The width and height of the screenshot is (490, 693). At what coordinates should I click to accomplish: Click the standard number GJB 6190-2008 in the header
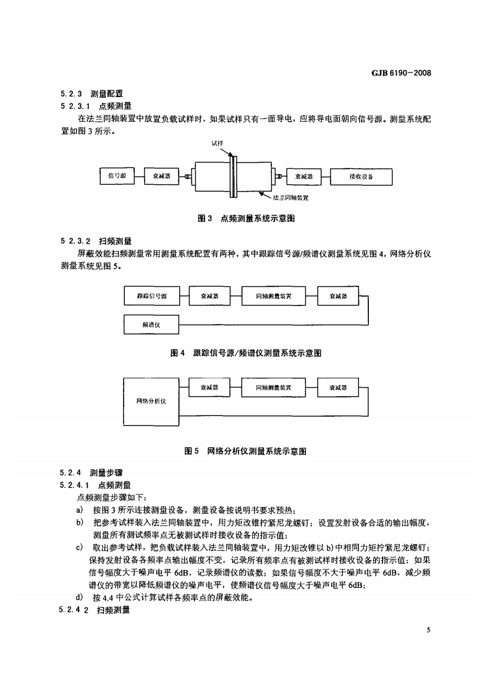click(400, 72)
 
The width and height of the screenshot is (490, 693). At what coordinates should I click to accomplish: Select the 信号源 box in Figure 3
click(117, 176)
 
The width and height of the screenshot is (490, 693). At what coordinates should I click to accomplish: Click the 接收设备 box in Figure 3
click(361, 176)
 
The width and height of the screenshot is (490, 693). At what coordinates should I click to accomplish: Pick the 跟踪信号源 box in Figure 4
click(151, 296)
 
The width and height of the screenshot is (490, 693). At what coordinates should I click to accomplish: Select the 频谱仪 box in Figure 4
click(151, 323)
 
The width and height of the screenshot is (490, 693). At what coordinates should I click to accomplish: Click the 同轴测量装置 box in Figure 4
click(273, 296)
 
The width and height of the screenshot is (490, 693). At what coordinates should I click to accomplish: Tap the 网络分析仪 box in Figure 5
click(151, 401)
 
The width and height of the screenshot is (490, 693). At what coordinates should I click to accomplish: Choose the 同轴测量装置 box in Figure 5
click(273, 388)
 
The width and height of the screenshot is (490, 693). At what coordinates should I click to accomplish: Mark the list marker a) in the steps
click(79, 510)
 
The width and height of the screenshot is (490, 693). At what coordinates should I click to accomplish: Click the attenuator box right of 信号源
click(161, 176)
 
